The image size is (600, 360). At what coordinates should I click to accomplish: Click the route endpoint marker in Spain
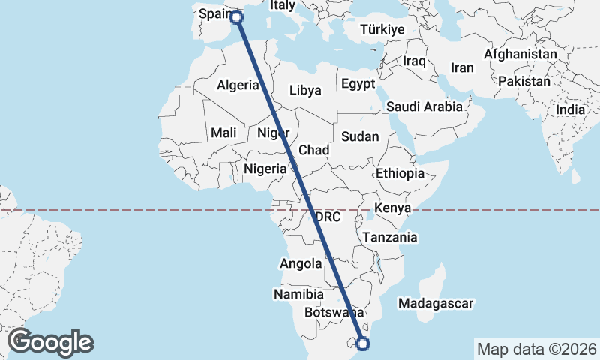[236, 17]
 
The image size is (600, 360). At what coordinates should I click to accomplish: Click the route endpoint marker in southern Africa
[364, 343]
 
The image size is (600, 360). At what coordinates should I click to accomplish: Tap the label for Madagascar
[436, 304]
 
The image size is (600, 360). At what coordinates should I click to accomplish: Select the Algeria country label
[238, 85]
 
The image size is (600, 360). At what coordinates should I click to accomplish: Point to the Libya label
[305, 90]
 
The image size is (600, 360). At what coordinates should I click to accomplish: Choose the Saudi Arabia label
[424, 106]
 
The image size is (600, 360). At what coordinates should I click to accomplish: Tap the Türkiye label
[382, 30]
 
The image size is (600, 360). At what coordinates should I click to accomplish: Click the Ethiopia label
[400, 173]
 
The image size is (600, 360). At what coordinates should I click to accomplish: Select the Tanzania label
[389, 237]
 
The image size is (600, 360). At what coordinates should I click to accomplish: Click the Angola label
[301, 263]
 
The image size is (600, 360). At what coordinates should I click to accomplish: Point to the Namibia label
[298, 294]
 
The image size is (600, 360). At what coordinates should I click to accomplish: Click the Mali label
[223, 133]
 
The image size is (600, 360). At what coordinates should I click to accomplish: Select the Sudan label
[360, 136]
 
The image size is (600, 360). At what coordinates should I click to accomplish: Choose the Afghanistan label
[520, 55]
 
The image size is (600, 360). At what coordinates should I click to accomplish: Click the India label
[571, 109]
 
